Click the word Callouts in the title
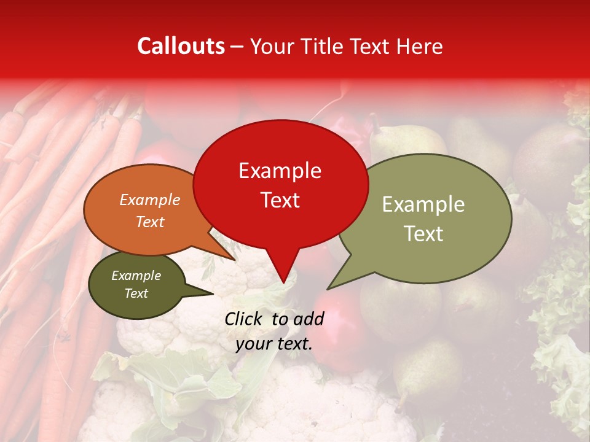[181, 46]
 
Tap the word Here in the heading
[419, 46]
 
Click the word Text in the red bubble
[280, 200]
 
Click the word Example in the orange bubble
[150, 200]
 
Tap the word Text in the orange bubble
[150, 222]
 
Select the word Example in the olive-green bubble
[423, 204]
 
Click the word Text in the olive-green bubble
[423, 234]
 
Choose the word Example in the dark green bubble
[136, 276]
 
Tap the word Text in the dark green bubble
[136, 293]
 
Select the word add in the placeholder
[309, 319]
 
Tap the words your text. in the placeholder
[274, 344]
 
